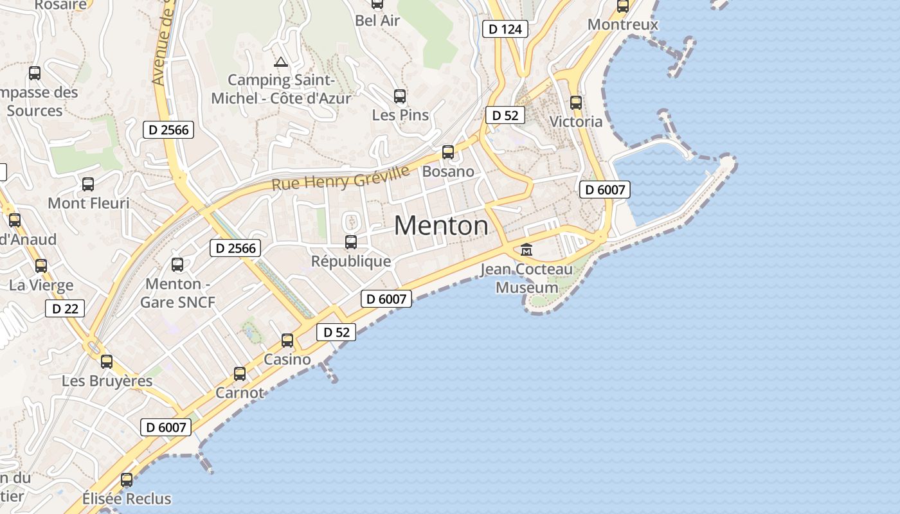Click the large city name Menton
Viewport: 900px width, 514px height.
tap(441, 226)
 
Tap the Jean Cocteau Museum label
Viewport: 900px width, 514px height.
tap(526, 278)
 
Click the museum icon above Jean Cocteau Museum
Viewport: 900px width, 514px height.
tap(526, 249)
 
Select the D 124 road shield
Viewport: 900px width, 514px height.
tap(505, 29)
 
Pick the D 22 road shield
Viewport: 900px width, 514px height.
tap(65, 308)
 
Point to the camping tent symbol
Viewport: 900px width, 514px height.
tap(280, 62)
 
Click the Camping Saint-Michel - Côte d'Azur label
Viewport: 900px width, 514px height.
tap(281, 89)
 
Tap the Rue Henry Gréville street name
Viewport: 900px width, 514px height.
tap(340, 178)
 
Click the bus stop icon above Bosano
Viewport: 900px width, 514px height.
tap(448, 152)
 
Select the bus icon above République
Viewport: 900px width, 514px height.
tap(351, 242)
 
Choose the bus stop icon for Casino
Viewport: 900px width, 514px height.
tap(287, 341)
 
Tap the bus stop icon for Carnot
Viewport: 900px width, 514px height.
tap(240, 373)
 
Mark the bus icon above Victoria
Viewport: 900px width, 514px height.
tap(576, 103)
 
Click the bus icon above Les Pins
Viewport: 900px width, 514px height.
tap(400, 96)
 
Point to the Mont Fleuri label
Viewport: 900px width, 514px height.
tap(89, 203)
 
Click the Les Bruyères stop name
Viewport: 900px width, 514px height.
tap(107, 381)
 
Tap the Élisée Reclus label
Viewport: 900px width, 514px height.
tap(127, 499)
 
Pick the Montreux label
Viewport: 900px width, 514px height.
tap(623, 24)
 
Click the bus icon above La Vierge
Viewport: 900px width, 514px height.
tap(41, 265)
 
